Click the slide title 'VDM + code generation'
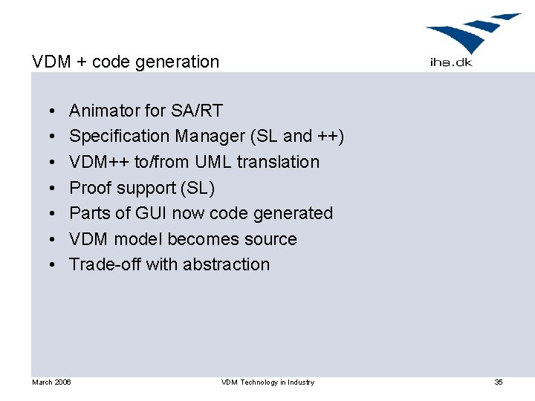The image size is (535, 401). (126, 62)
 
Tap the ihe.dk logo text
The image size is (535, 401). (451, 62)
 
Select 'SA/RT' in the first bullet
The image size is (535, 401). (196, 111)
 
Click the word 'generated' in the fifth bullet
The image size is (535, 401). (293, 213)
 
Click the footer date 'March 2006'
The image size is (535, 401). (51, 382)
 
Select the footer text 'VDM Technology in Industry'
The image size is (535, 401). (267, 382)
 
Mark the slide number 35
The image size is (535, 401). (499, 382)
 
